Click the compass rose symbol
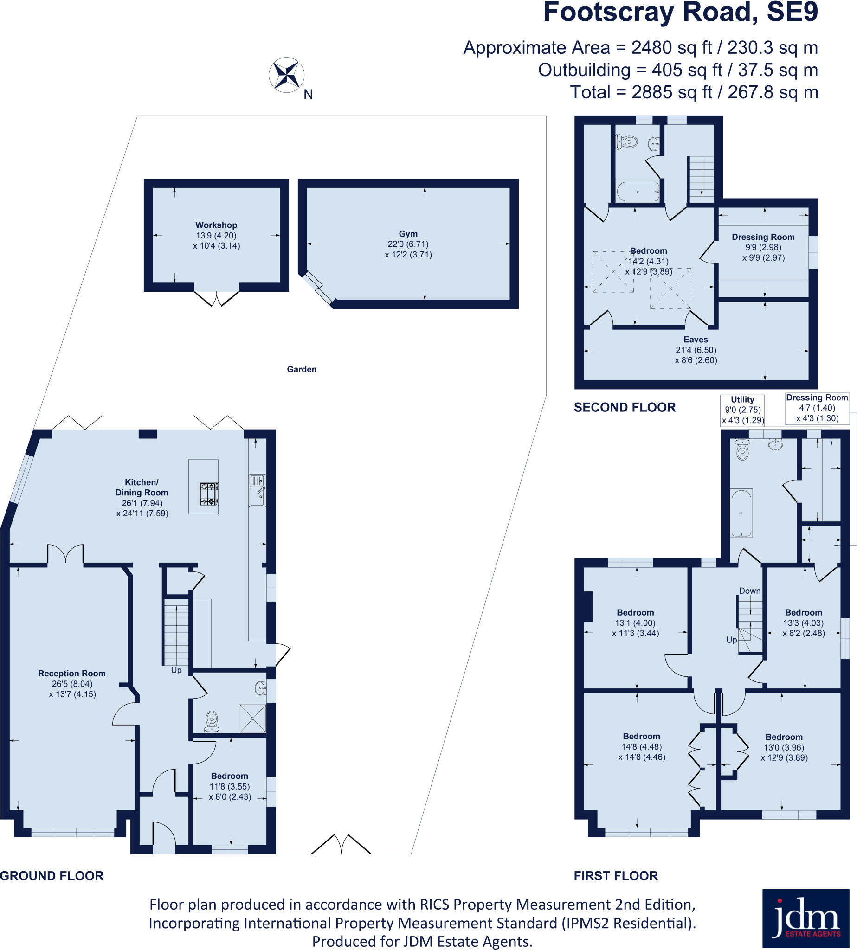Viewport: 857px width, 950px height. click(286, 75)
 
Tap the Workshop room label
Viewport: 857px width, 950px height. click(216, 225)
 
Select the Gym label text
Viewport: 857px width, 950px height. click(408, 234)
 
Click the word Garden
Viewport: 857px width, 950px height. click(301, 370)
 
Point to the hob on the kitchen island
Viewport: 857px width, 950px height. click(209, 494)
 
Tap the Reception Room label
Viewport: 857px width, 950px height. click(71, 674)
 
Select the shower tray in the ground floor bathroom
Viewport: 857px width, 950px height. click(252, 718)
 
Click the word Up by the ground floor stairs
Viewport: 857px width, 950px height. click(176, 670)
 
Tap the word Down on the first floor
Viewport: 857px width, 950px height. click(749, 591)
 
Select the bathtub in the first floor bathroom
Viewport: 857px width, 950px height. click(741, 513)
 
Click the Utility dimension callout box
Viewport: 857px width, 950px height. click(742, 410)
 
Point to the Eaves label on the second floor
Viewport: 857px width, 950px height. click(696, 340)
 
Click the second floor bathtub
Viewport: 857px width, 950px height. click(638, 191)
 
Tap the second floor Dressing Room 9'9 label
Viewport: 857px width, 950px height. click(763, 237)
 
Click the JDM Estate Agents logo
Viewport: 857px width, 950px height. click(805, 918)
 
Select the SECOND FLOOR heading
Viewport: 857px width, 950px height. click(625, 408)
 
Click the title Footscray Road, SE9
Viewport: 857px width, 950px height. click(680, 13)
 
